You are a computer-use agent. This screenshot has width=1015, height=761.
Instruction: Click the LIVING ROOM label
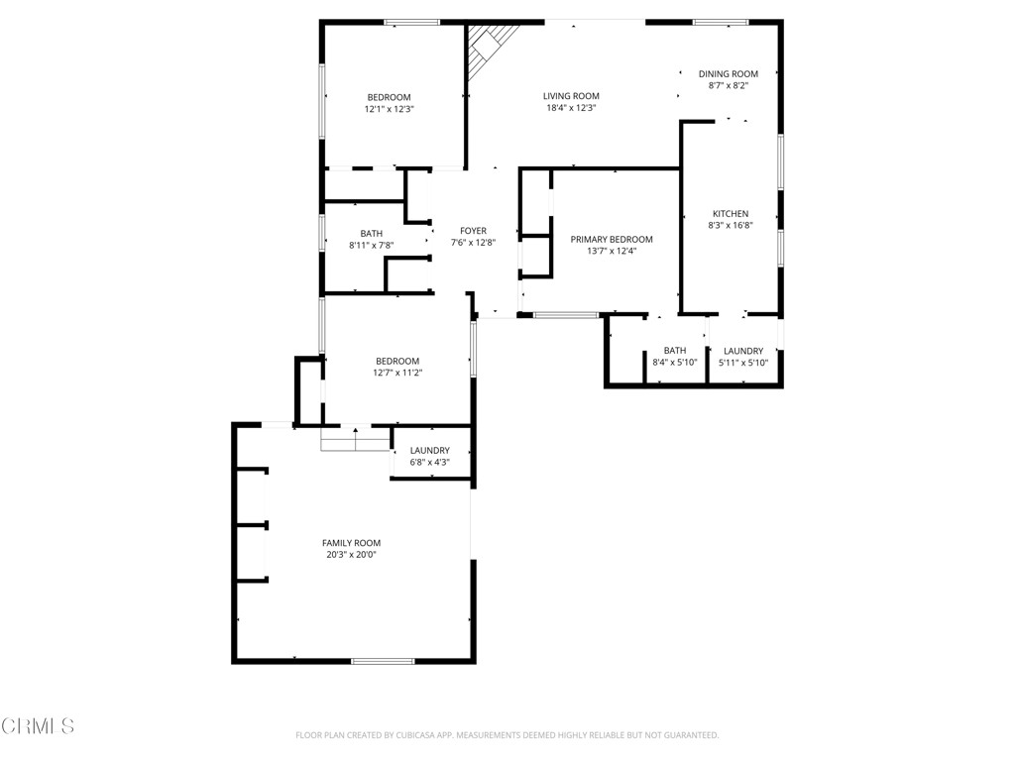tap(571, 96)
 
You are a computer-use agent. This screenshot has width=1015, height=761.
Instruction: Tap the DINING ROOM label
tap(728, 73)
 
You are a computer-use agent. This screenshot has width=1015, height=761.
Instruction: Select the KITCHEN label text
tap(731, 214)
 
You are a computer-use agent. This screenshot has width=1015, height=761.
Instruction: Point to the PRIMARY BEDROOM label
tap(612, 239)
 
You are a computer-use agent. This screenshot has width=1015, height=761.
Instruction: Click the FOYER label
tap(473, 231)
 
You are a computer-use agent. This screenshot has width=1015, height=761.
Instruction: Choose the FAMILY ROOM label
tap(351, 543)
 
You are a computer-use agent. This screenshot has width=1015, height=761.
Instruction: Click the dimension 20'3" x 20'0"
tap(351, 555)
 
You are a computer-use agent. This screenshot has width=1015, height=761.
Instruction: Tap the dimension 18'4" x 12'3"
tap(571, 108)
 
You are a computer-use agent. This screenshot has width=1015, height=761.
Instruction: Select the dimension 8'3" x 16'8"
tap(731, 226)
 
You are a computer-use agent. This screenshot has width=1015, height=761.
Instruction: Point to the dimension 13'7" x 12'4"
tap(612, 251)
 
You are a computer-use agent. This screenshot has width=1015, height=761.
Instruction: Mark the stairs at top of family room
tap(356, 439)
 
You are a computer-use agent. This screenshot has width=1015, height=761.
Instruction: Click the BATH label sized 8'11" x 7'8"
tap(371, 234)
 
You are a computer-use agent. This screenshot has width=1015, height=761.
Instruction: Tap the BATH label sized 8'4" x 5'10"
tap(675, 351)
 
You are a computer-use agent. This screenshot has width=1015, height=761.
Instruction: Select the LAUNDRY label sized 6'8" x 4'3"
tap(430, 451)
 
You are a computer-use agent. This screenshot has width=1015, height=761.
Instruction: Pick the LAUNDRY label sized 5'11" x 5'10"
tap(743, 351)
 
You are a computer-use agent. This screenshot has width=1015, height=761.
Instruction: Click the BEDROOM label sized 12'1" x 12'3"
tap(389, 97)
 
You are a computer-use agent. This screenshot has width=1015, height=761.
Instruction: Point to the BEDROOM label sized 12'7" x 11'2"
tap(396, 361)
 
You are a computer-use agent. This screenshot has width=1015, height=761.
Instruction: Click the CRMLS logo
tap(38, 726)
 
